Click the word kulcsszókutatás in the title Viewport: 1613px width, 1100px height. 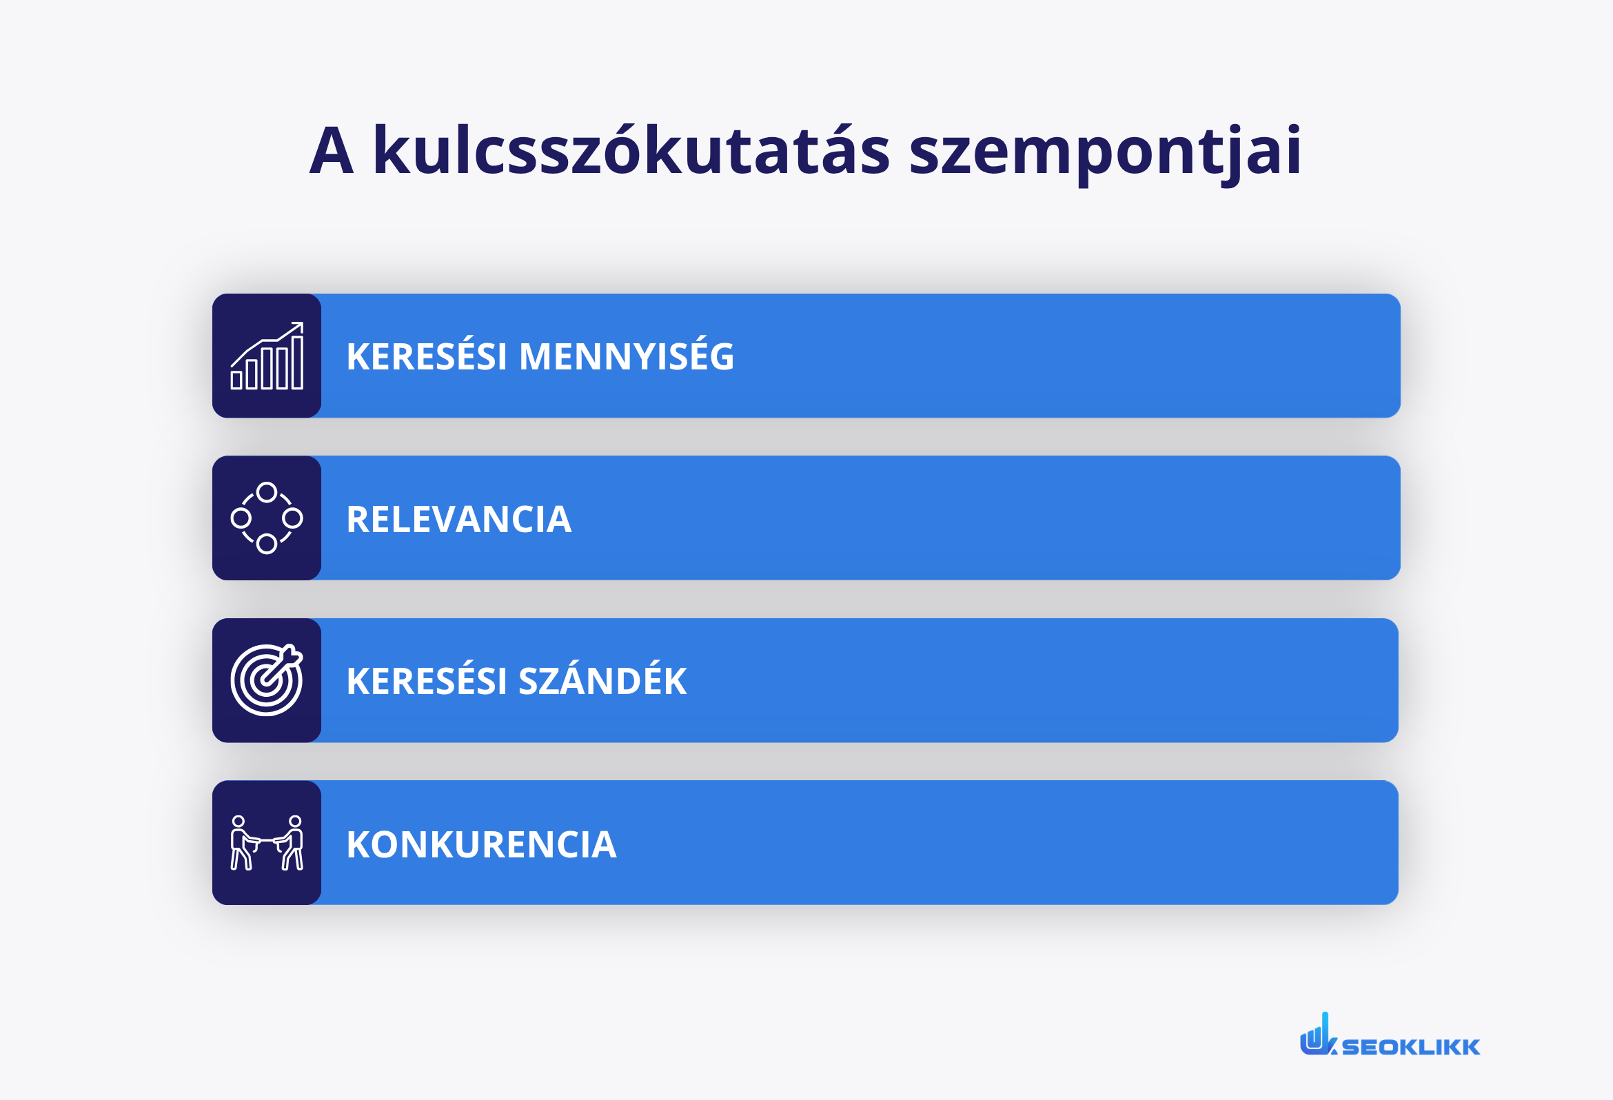(630, 151)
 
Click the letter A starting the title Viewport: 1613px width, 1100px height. (332, 151)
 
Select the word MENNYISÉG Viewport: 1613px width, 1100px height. (626, 356)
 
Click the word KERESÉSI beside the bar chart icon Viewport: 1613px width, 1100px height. (426, 357)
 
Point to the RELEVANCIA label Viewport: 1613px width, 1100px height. (459, 519)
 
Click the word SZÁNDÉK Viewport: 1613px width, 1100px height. (602, 681)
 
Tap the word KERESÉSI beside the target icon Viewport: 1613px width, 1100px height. (426, 682)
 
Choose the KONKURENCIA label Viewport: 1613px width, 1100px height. (481, 844)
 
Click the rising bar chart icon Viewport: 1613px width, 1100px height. (267, 356)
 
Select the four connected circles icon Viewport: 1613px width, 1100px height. (267, 518)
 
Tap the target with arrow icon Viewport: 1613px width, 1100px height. (267, 680)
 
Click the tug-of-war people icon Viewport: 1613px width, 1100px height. (267, 842)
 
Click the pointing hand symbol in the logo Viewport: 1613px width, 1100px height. (1317, 1036)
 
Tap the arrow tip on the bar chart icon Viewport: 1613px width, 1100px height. (299, 325)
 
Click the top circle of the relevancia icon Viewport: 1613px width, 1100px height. (267, 493)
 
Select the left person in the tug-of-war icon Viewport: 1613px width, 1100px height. (241, 842)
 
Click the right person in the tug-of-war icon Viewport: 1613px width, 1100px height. (293, 842)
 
